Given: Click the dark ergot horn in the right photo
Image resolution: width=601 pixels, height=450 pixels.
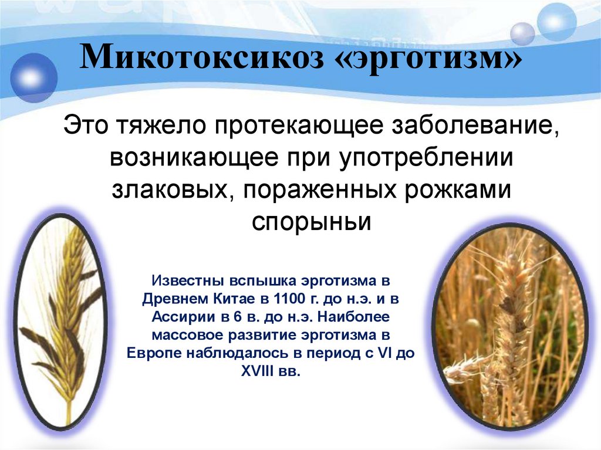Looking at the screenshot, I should (x=506, y=305).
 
